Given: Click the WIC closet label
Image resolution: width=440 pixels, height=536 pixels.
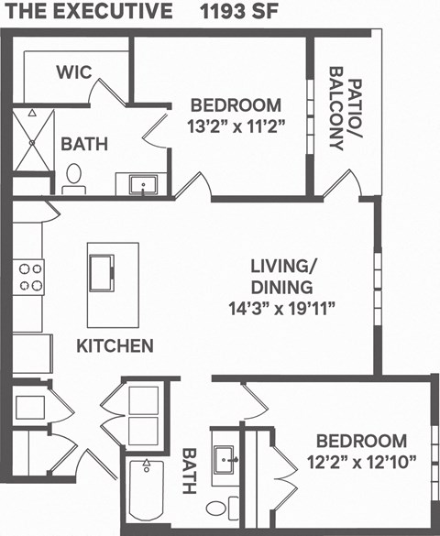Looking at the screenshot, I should point(73,72).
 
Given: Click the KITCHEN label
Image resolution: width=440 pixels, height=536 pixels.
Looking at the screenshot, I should point(114,346).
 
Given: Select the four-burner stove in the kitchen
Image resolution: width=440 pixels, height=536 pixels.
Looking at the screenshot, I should point(29,277).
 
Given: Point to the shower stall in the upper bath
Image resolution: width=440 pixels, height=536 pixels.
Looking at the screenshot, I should point(34,142).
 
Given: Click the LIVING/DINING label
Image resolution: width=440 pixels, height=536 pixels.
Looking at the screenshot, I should point(284,275).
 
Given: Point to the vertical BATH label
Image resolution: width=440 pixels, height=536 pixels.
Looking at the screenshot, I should point(189,471).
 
